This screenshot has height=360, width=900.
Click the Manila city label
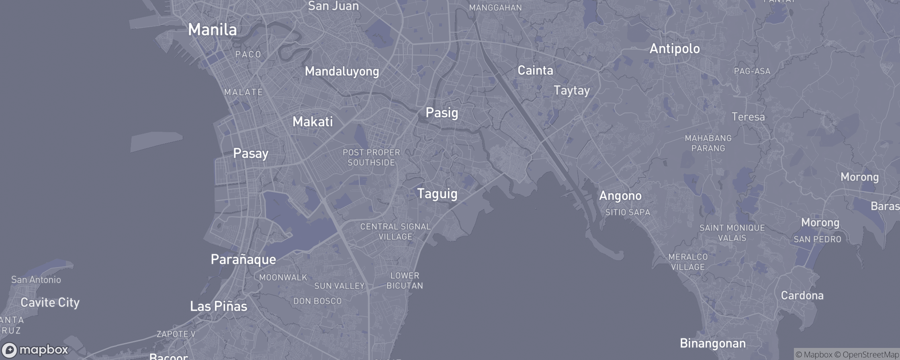point(213,30)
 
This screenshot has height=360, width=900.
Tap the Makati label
point(313,121)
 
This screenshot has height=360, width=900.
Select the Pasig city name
point(442,112)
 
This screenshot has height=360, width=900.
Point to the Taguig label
point(437,194)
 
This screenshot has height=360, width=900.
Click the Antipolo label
point(675,49)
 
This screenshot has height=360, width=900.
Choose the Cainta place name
point(535,70)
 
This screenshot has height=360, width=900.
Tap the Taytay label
point(571,90)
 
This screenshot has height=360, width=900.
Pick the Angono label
point(620,196)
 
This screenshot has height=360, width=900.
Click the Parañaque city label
point(243,260)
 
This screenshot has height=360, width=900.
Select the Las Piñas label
point(218,306)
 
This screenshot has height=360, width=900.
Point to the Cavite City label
point(50,302)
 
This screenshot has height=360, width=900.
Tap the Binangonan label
point(712,343)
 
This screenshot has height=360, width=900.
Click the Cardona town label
point(802,295)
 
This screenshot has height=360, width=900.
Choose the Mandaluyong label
point(342,72)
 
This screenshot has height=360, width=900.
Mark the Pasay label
point(251,153)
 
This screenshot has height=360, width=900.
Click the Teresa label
point(748,117)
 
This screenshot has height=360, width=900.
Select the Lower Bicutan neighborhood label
point(405,280)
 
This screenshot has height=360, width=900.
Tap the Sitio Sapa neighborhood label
point(628,212)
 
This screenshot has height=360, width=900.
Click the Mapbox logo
point(35,350)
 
